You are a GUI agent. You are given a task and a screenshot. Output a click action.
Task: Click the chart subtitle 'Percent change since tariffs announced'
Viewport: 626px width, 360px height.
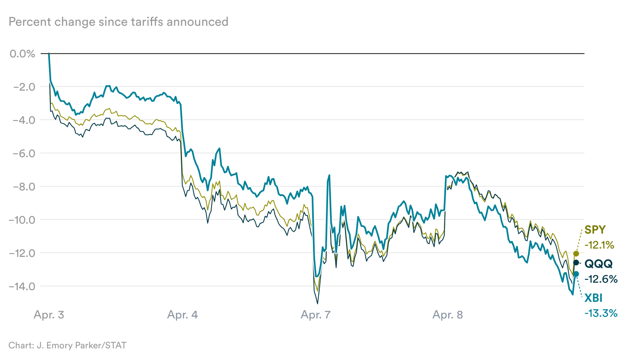[x=118, y=22]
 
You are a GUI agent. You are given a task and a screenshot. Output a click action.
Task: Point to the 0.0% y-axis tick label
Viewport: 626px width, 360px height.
[x=22, y=54]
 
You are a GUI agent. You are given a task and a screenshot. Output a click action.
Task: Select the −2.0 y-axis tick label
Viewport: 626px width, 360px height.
[x=24, y=87]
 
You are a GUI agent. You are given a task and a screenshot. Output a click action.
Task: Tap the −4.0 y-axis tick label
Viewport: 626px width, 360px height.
[x=24, y=120]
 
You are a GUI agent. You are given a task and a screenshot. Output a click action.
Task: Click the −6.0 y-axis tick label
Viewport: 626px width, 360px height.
[x=24, y=153]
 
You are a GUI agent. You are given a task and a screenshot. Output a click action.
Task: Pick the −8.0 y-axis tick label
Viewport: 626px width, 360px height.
[x=24, y=187]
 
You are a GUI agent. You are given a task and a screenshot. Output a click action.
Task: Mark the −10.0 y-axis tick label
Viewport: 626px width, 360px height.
[x=22, y=220]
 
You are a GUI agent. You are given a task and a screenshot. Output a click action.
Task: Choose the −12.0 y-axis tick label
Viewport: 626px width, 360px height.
[x=22, y=253]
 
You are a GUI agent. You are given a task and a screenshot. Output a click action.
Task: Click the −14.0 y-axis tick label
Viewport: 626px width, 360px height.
[x=22, y=286]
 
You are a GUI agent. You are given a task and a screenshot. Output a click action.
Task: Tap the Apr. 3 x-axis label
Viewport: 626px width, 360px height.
[x=49, y=315]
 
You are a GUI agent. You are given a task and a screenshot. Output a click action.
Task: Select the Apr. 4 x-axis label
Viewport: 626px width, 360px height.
[x=182, y=315]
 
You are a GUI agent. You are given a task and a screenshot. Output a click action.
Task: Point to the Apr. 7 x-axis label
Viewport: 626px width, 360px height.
[x=315, y=315]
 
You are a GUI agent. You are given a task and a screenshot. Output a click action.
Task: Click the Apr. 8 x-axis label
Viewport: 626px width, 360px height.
[x=448, y=315]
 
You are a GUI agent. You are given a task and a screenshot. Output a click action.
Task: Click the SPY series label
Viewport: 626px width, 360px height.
[x=595, y=230]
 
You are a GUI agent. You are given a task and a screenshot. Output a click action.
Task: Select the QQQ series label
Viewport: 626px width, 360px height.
[x=599, y=264]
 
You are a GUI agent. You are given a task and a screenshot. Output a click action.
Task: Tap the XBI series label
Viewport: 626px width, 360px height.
[x=593, y=298]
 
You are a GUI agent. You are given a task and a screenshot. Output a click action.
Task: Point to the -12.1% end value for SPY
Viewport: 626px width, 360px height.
[x=599, y=245]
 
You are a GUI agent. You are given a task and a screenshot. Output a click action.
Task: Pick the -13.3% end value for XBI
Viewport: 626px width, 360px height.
[x=601, y=313]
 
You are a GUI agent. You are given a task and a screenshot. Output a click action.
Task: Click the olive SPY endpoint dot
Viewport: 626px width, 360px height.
[x=576, y=254]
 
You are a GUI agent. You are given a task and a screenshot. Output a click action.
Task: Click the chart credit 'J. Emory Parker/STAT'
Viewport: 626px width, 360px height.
[x=81, y=345]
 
